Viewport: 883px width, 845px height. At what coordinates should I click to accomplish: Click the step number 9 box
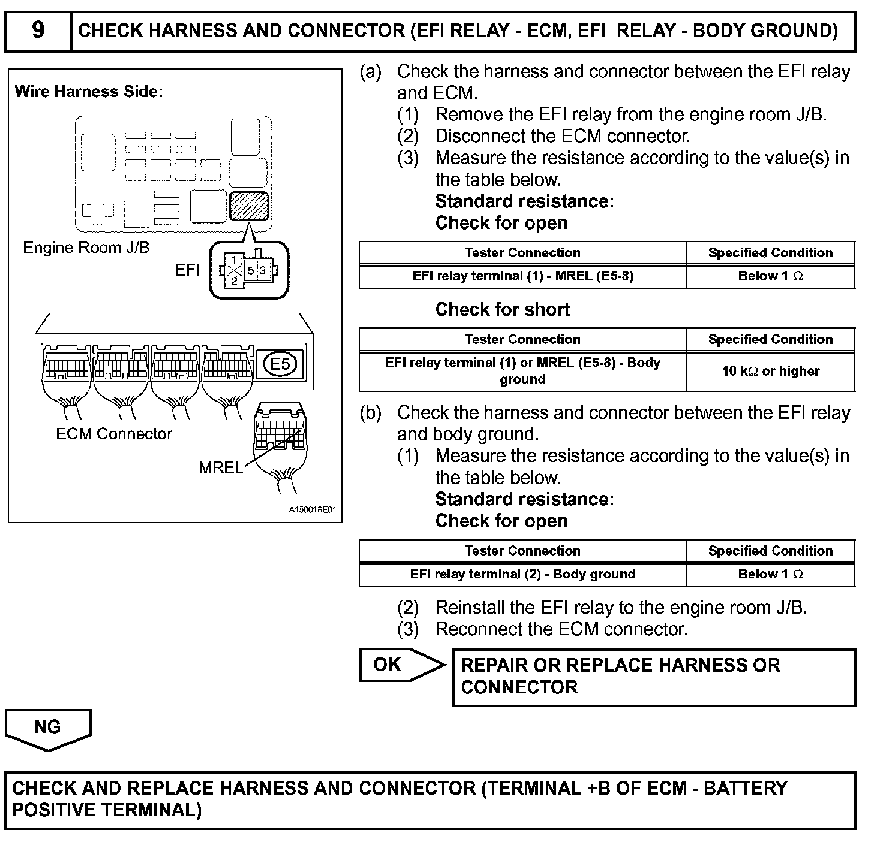[x=37, y=30]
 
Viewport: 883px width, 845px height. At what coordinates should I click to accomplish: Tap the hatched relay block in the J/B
[x=248, y=206]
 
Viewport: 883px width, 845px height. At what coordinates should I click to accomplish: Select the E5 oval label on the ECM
[x=280, y=364]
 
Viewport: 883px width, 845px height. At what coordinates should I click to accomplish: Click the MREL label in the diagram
[x=220, y=467]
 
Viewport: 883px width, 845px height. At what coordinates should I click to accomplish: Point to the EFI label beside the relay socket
[x=187, y=270]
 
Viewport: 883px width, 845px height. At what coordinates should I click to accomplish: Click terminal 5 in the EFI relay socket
[x=251, y=271]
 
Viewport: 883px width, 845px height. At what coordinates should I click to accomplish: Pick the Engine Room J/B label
[x=86, y=248]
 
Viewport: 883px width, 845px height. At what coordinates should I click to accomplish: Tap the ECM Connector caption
[x=114, y=434]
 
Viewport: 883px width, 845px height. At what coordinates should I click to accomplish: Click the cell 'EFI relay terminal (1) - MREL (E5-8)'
[x=522, y=276]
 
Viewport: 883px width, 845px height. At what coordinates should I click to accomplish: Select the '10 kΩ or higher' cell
[x=770, y=371]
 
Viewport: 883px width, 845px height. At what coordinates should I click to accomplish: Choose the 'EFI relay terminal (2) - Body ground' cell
[x=522, y=574]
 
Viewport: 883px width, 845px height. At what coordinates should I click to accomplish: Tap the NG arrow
[x=48, y=729]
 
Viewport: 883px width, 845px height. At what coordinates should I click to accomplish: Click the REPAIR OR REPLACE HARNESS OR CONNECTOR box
[x=653, y=677]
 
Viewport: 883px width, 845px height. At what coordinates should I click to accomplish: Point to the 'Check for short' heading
[x=503, y=310]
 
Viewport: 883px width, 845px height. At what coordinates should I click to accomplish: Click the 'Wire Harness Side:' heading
[x=89, y=92]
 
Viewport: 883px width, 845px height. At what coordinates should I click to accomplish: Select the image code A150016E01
[x=312, y=510]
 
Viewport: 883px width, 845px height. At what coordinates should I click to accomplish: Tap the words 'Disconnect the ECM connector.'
[x=563, y=136]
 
